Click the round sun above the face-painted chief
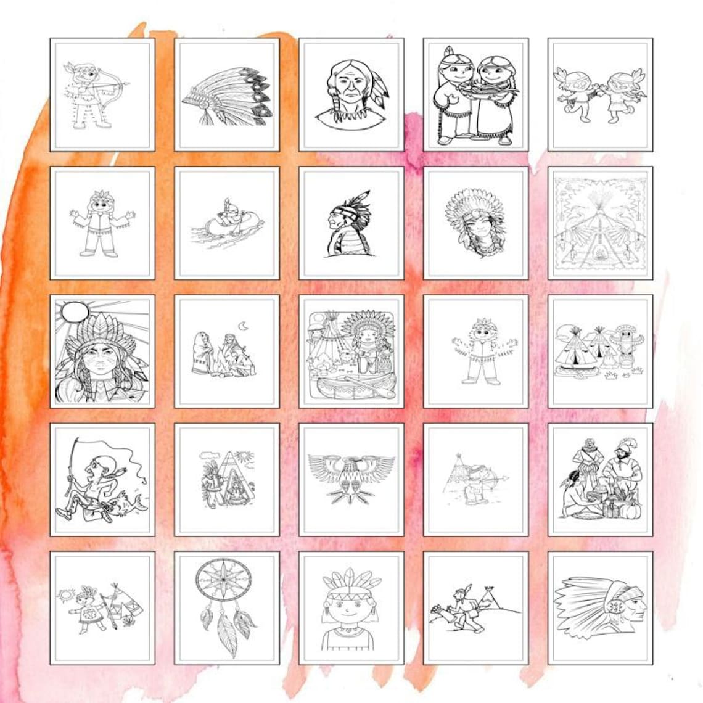pos(75,312)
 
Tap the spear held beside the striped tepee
pos(113,607)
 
